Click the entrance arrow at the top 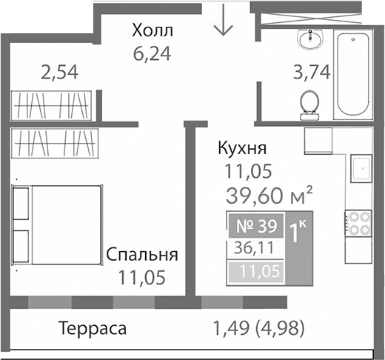tap(223, 22)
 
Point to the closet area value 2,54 tap(58, 73)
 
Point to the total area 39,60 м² tap(268, 196)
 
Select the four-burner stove tap(360, 224)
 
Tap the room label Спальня tap(142, 256)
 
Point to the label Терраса tap(94, 327)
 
